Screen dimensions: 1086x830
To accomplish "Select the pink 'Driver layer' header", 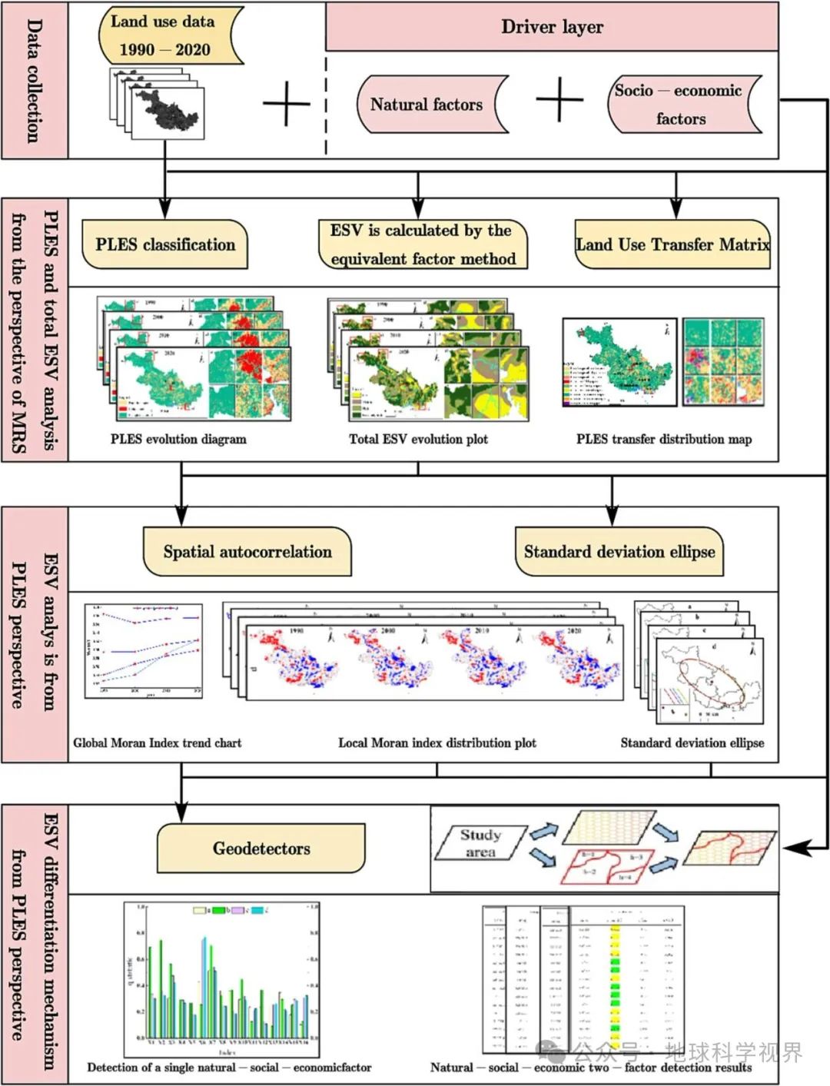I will click(x=552, y=27).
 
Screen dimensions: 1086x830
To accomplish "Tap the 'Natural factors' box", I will click(x=427, y=105).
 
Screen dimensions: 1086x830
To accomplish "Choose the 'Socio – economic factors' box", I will click(x=679, y=104).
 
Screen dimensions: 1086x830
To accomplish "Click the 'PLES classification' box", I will click(x=164, y=244).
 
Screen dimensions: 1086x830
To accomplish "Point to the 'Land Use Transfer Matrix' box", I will click(x=672, y=244).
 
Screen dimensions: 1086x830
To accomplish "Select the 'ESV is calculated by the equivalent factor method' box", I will click(x=423, y=244).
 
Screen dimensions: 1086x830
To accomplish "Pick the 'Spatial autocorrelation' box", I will click(x=247, y=551).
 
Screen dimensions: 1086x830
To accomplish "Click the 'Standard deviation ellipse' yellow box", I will click(x=619, y=551).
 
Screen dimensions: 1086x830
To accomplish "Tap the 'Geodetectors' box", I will click(x=261, y=849).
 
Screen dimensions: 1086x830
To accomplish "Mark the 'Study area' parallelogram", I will click(x=480, y=843).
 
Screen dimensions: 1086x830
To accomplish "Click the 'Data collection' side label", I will click(x=35, y=81).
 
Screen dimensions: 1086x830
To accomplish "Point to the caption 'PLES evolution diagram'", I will click(x=178, y=440).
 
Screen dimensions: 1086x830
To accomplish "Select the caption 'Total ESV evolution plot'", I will click(x=418, y=440).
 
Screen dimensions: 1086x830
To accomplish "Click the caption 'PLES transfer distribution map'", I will click(x=664, y=440).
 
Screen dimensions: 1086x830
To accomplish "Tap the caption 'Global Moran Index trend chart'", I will click(x=157, y=743).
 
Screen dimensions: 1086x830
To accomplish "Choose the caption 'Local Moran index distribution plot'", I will click(x=437, y=743).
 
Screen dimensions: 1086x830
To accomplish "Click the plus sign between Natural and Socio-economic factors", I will click(x=559, y=99).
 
